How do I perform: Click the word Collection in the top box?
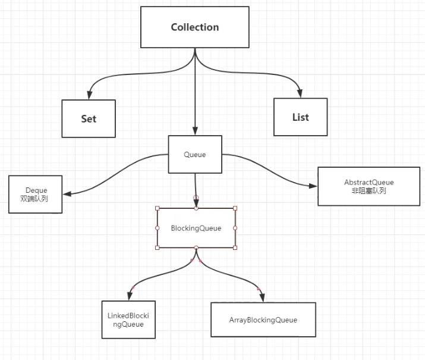(x=194, y=27)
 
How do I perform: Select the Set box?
(x=89, y=118)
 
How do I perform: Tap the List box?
(x=300, y=117)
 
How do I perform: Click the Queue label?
(x=194, y=155)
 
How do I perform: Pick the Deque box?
(x=35, y=194)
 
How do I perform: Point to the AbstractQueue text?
(x=369, y=182)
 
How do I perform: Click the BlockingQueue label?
(x=196, y=228)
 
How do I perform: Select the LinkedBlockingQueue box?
(x=128, y=320)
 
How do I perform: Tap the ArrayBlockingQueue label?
(x=263, y=320)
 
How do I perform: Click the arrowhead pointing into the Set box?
(x=89, y=95)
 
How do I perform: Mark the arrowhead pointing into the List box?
(x=300, y=93)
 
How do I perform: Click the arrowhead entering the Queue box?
(x=195, y=131)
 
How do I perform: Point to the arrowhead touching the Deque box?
(x=67, y=194)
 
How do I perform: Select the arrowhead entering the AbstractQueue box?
(x=313, y=186)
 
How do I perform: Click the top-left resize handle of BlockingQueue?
(x=157, y=208)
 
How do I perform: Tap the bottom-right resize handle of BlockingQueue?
(x=235, y=248)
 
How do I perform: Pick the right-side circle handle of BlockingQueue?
(x=235, y=228)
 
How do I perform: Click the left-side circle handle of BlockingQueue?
(x=157, y=228)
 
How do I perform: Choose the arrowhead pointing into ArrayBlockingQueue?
(x=262, y=298)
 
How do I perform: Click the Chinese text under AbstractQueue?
(x=369, y=191)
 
